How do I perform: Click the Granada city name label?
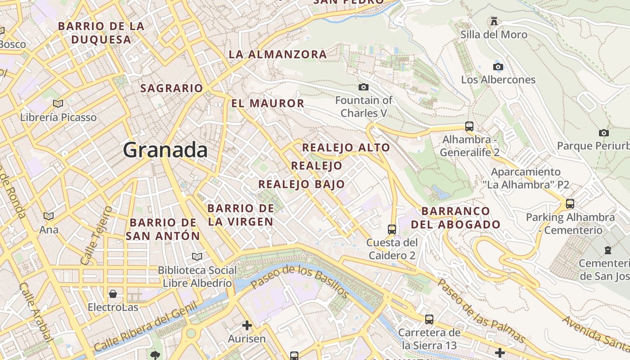(x=165, y=150)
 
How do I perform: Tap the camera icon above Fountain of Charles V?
(x=364, y=87)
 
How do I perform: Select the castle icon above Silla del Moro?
(x=494, y=21)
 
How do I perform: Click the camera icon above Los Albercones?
(x=498, y=67)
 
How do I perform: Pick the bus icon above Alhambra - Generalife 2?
(x=469, y=126)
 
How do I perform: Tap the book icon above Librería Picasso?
(x=58, y=104)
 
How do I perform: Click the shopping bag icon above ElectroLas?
(x=112, y=294)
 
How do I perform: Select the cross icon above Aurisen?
(x=247, y=325)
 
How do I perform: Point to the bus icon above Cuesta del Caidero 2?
(x=392, y=229)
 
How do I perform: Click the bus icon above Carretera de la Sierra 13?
(x=429, y=319)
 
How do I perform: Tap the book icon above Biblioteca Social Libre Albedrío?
(x=197, y=256)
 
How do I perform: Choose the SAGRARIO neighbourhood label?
(x=171, y=88)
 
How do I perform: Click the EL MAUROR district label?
(x=268, y=103)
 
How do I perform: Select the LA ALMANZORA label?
(x=278, y=54)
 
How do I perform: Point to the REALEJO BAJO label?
(x=301, y=184)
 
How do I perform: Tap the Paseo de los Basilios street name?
(x=299, y=282)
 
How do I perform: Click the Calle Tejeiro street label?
(x=96, y=235)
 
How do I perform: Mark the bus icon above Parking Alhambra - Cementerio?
(x=570, y=203)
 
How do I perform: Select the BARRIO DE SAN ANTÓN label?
(x=163, y=229)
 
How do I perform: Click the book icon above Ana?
(x=49, y=216)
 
